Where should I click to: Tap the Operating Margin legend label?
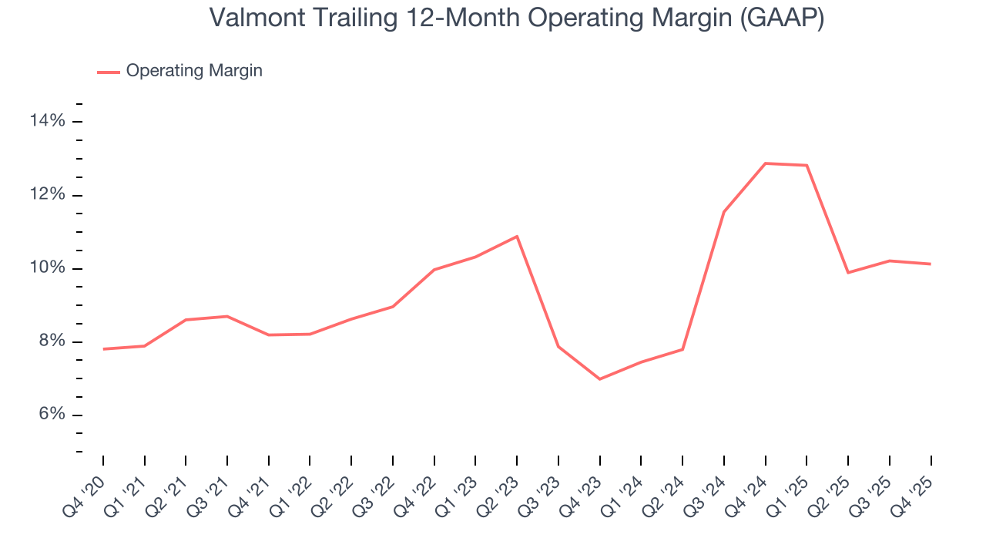click(194, 71)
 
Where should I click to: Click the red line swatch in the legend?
click(108, 72)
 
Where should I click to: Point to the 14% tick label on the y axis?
click(48, 121)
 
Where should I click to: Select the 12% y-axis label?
click(48, 195)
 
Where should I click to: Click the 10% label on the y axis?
click(48, 268)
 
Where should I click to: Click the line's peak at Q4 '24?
click(766, 163)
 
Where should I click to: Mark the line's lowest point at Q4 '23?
click(599, 379)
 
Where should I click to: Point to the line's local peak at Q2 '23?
click(517, 237)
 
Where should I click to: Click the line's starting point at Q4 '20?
click(103, 349)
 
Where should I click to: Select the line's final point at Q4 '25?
click(931, 264)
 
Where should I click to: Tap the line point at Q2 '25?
click(848, 273)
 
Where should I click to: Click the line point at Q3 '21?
click(227, 316)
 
